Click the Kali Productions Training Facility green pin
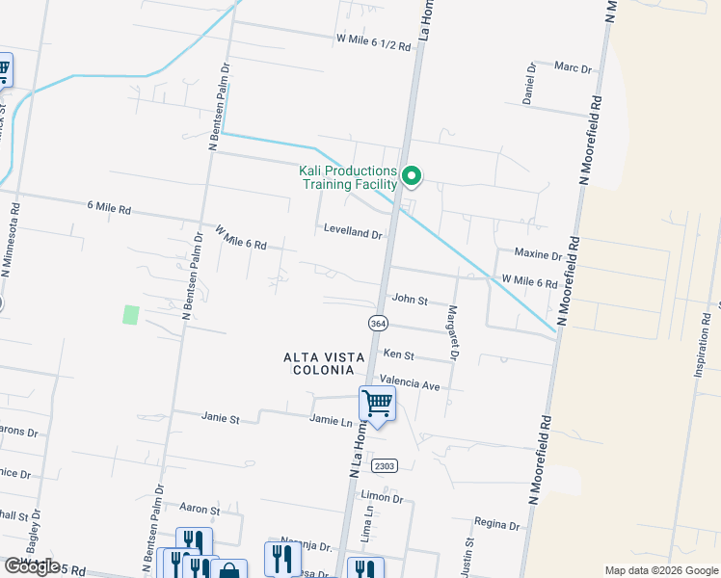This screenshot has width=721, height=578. (x=412, y=175)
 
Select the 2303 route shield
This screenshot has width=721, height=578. (x=384, y=465)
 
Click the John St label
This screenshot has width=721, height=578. (x=409, y=301)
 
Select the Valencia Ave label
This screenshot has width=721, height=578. (x=410, y=383)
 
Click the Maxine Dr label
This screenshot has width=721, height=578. (x=538, y=255)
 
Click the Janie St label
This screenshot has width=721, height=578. (x=220, y=418)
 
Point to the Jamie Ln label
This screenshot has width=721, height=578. (x=331, y=421)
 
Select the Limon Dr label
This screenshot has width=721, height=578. (x=382, y=497)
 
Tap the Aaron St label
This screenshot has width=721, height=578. (x=200, y=508)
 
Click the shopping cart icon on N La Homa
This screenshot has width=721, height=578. (x=377, y=404)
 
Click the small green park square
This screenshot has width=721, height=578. (x=131, y=314)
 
